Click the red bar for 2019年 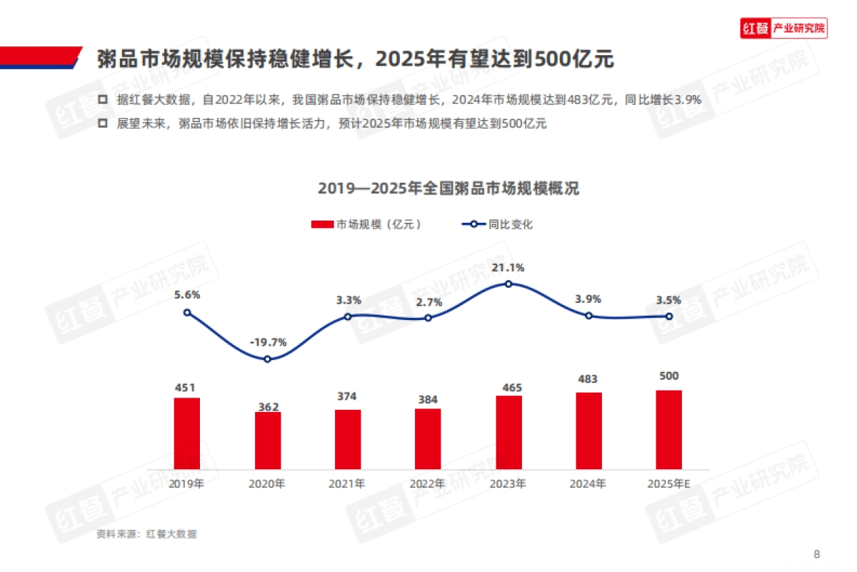[187, 433]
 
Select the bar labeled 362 [268, 441]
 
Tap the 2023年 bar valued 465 [508, 432]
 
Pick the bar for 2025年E [669, 429]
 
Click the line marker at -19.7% [268, 359]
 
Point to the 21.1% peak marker [508, 284]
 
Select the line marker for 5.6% [187, 312]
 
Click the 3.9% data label [588, 299]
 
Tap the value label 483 [588, 379]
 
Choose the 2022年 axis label [427, 483]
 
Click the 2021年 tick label [347, 483]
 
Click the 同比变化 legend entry [498, 224]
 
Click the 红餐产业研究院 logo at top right [783, 29]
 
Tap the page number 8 [817, 553]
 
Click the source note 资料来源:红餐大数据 [146, 534]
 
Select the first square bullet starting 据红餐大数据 [103, 100]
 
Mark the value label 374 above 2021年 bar [347, 396]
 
